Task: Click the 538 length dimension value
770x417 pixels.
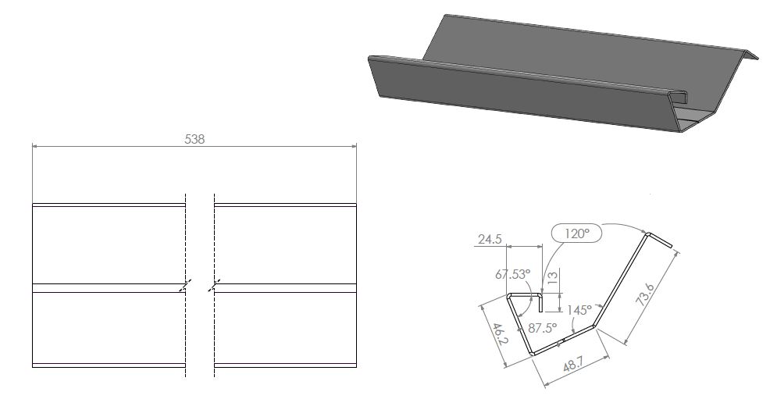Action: coord(194,139)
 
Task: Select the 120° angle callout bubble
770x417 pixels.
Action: coord(577,233)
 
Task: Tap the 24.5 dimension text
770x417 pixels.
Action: coord(489,240)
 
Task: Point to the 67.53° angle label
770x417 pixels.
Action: coord(513,274)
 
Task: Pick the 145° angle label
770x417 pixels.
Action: coord(580,310)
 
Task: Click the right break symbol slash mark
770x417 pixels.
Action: coord(214,286)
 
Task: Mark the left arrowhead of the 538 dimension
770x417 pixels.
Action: coord(35,145)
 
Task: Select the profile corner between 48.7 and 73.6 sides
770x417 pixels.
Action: coord(595,325)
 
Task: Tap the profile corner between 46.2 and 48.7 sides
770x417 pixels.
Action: coord(533,354)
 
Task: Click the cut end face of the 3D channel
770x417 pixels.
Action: coord(687,113)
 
